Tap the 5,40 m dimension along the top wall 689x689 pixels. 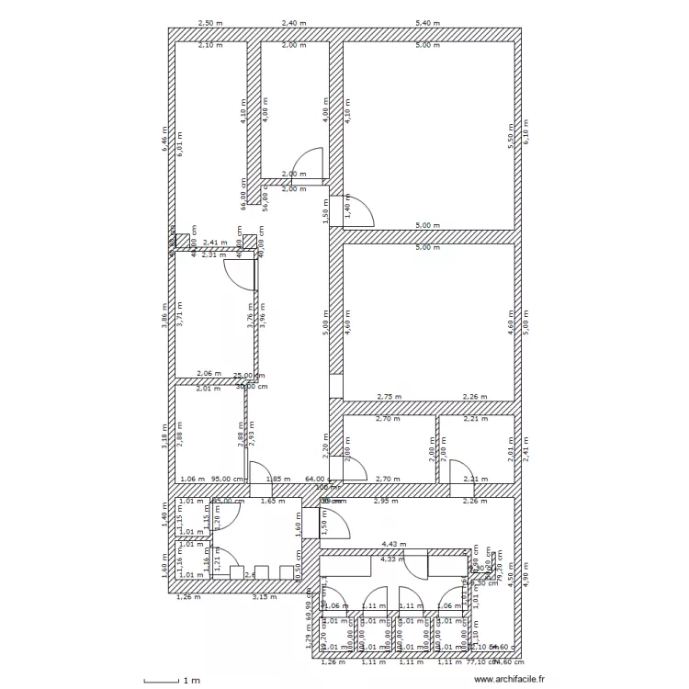tap(428, 22)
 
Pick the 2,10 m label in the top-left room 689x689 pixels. tap(211, 45)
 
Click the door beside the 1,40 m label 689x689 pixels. tap(359, 209)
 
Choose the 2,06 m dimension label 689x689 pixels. tap(209, 374)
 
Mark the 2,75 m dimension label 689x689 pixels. tap(390, 397)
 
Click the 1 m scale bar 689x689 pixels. tap(172, 681)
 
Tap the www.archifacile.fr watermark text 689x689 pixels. tap(509, 681)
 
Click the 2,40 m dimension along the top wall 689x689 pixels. tap(294, 22)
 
